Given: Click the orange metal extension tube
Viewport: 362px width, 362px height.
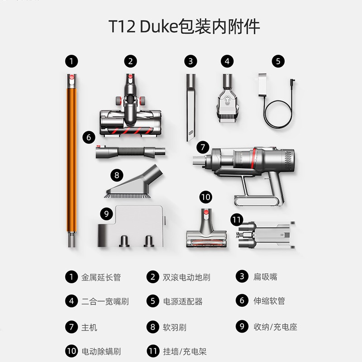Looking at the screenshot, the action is tap(72, 161).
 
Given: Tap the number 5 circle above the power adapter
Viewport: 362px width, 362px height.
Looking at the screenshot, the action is tap(278, 61).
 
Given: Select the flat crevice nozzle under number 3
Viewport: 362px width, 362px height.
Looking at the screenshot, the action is tap(191, 107).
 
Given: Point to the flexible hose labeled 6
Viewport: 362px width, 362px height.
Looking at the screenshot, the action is tap(130, 152).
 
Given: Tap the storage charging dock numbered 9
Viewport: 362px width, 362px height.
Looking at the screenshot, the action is tap(131, 226).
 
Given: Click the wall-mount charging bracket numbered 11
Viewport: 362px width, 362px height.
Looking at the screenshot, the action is tap(266, 235).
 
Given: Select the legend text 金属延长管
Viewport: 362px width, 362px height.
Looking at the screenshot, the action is tap(101, 277).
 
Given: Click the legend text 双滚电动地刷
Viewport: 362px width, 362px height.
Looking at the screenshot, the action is tap(186, 277).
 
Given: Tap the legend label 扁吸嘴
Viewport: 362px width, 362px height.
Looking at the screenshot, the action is tap(265, 276).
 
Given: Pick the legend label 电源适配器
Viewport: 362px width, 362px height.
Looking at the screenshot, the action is tap(183, 301).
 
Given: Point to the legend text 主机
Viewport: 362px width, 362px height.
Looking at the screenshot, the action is tap(89, 327).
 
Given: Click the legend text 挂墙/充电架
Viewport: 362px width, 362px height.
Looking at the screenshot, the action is tap(185, 352).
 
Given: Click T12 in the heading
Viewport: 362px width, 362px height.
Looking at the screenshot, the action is tap(122, 26).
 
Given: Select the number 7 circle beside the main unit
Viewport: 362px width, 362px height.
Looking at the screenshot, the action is tap(203, 147).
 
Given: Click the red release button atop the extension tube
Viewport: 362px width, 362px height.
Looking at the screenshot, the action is tap(72, 77).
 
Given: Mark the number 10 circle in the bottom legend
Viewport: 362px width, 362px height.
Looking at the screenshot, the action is tap(71, 351).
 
